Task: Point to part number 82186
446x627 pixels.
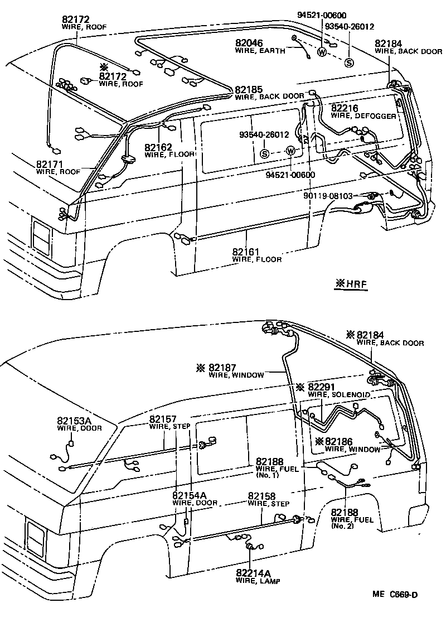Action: [x=343, y=441]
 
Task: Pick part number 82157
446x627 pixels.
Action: [x=162, y=419]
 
